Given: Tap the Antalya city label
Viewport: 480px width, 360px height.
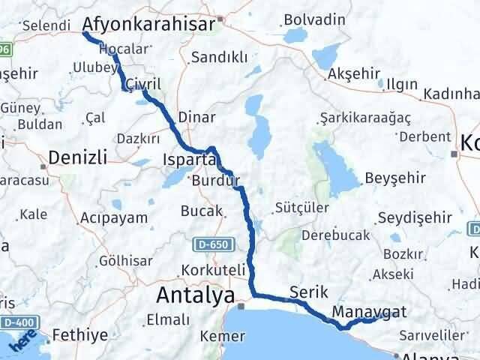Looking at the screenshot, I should point(195,294).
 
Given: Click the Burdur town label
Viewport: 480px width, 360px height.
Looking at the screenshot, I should point(215,181).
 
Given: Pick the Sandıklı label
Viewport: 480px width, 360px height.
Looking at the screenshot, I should point(218,57).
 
